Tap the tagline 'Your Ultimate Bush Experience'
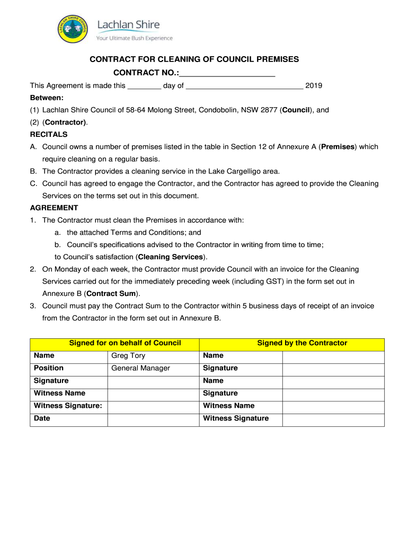[134, 38]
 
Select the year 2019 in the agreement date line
[314, 85]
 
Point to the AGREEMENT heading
[54, 207]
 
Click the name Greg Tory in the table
[128, 355]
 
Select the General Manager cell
[140, 368]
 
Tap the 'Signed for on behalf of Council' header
[125, 343]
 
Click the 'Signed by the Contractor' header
[302, 343]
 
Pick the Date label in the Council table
[42, 418]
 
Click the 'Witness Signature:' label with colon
[68, 406]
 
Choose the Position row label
[49, 368]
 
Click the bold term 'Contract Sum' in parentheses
[111, 293]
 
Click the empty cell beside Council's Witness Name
[153, 393]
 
